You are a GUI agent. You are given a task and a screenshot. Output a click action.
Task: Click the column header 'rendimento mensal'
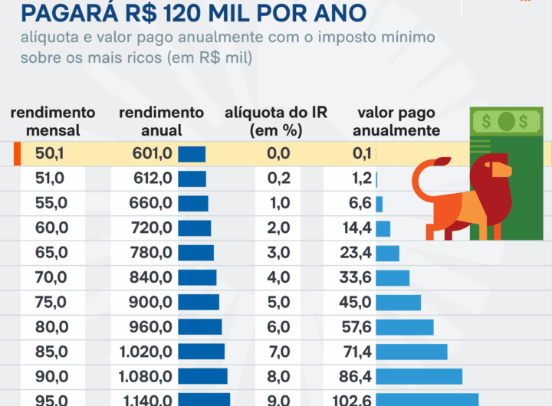(53, 122)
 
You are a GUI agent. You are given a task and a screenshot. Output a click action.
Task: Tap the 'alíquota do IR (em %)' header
(276, 122)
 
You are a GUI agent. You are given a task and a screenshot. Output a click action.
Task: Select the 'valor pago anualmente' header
(397, 122)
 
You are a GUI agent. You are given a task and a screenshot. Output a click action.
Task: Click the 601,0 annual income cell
(152, 154)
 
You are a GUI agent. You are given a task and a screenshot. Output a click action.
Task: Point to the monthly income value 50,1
(50, 154)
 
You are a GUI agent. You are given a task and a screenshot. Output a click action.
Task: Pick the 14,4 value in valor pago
(357, 228)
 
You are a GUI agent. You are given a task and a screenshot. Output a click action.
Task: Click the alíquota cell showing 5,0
(278, 302)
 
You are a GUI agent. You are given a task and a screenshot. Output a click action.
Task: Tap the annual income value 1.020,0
(146, 352)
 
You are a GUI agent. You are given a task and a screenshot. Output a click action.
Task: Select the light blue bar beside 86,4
(419, 376)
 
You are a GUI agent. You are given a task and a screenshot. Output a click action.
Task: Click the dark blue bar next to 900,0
(199, 302)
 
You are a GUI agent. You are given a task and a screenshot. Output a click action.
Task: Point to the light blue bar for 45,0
(398, 302)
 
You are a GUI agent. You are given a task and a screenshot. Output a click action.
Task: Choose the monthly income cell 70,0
(52, 277)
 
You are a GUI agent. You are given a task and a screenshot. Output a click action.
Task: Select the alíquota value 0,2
(278, 178)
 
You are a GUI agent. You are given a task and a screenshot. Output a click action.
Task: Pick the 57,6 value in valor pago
(357, 327)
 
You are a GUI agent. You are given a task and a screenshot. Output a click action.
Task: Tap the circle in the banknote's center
(505, 121)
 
